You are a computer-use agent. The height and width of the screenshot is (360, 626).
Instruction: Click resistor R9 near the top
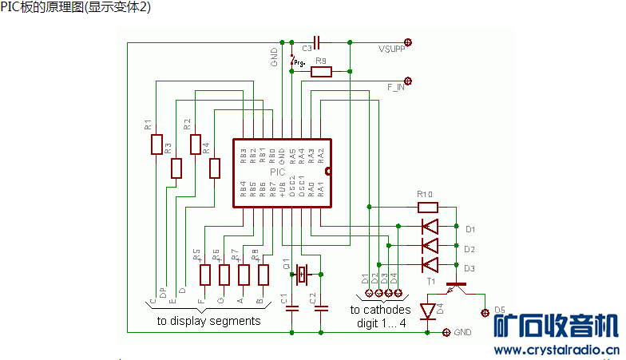pyautogui.click(x=321, y=72)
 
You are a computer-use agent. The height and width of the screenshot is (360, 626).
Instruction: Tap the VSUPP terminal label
pyautogui.click(x=391, y=49)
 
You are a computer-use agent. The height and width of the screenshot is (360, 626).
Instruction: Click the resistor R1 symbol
pyautogui.click(x=156, y=144)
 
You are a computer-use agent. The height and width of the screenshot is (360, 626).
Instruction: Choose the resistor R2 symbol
pyautogui.click(x=196, y=144)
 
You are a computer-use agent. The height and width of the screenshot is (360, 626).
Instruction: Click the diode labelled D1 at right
pyautogui.click(x=430, y=227)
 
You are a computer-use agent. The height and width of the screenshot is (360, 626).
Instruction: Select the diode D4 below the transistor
pyautogui.click(x=427, y=311)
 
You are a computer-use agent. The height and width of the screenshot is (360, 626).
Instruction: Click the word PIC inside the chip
pyautogui.click(x=277, y=172)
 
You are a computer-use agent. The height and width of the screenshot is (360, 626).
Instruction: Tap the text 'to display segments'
pyautogui.click(x=208, y=321)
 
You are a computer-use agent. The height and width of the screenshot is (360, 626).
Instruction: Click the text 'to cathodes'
pyautogui.click(x=380, y=310)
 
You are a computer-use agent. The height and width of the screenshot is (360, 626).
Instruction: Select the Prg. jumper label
pyautogui.click(x=299, y=61)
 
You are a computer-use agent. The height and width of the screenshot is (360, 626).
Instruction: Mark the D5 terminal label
pyautogui.click(x=500, y=309)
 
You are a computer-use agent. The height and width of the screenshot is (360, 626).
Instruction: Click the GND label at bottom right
pyautogui.click(x=463, y=331)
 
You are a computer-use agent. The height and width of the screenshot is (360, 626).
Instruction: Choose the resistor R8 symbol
pyautogui.click(x=263, y=275)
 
